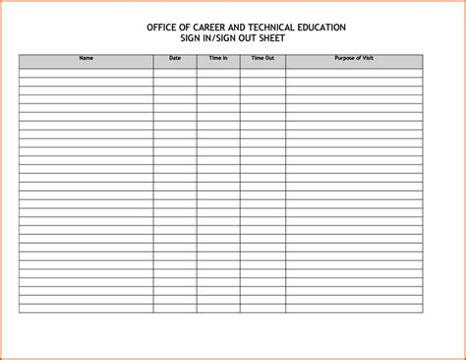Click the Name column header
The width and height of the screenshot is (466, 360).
click(x=86, y=59)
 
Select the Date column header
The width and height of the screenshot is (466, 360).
click(x=175, y=59)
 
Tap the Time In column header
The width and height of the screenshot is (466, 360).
click(x=218, y=59)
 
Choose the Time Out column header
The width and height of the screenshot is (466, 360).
click(x=262, y=59)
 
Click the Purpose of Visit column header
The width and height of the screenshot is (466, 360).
click(x=354, y=59)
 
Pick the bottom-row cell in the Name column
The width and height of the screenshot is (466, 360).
click(x=86, y=308)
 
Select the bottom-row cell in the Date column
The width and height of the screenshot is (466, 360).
click(x=175, y=308)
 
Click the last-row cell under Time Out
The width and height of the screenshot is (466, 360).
click(x=262, y=308)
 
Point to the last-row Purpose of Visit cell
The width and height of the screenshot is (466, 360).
click(x=354, y=308)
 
